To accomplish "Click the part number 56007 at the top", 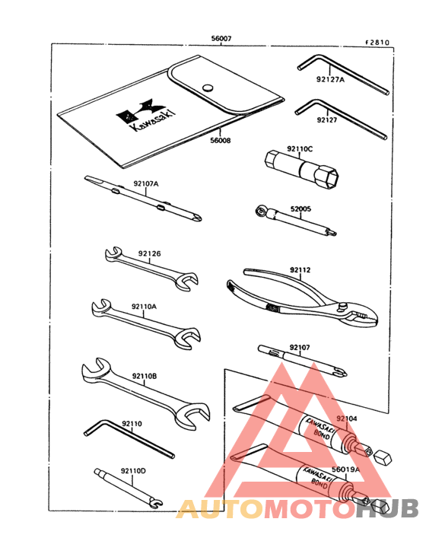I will pos(221,38).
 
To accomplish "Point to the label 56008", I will pos(221,139).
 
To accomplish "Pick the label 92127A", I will pos(331,78).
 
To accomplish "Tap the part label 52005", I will pos(302,208).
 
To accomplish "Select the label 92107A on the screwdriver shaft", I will pos(146,183).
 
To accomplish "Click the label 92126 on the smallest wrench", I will pos(150,254).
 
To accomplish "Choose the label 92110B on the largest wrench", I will pos(144,375).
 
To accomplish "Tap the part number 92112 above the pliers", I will pos(300,269).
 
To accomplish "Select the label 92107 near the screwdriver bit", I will pos(299,348).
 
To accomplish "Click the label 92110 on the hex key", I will pos(131,423).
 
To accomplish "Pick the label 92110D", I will pos(132,471).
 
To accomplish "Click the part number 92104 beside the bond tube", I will pos(346,419).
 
